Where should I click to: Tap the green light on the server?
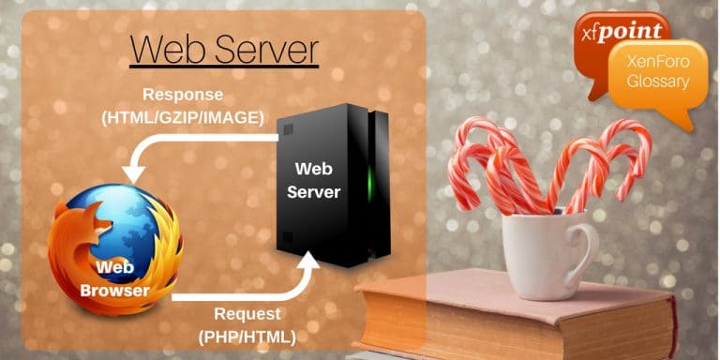point(372,183)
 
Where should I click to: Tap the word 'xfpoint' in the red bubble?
point(624,31)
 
